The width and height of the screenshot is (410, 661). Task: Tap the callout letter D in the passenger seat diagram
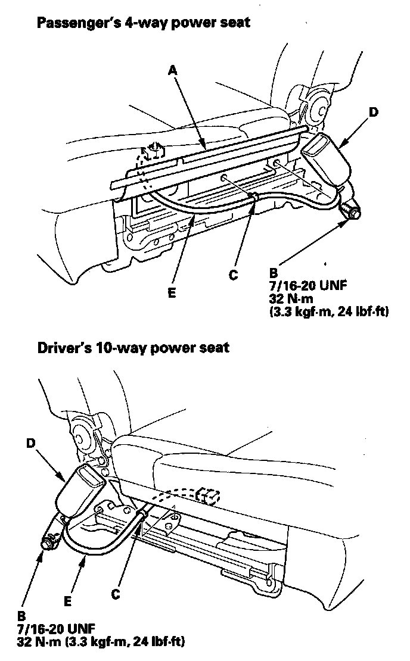pyautogui.click(x=374, y=111)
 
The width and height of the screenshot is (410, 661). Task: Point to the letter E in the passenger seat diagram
pyautogui.click(x=171, y=293)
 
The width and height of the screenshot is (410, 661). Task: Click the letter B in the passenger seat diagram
pyautogui.click(x=274, y=273)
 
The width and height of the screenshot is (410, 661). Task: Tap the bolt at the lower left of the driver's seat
pyautogui.click(x=47, y=544)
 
